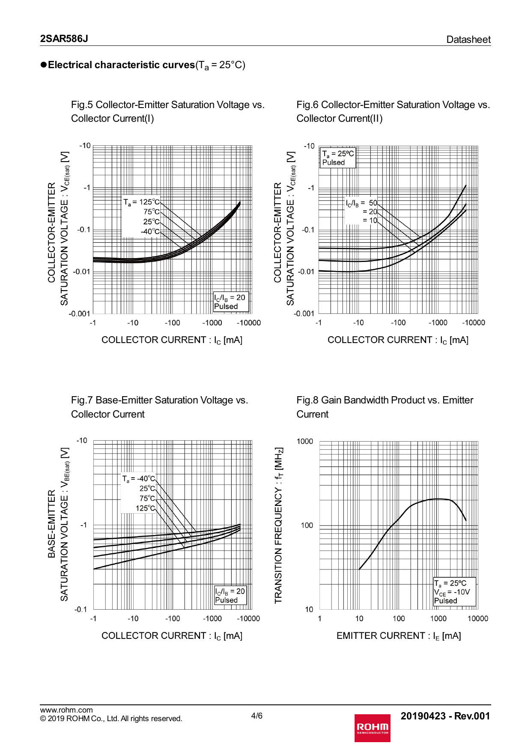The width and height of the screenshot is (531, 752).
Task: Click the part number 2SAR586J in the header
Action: coord(64,39)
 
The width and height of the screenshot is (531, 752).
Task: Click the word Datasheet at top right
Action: coord(468,39)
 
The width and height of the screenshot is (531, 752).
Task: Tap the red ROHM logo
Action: coord(372,728)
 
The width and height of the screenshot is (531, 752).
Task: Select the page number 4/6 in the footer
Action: coord(257,716)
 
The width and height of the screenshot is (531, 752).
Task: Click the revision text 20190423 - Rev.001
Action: coord(445,716)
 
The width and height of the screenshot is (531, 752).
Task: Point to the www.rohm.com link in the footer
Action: coord(66,710)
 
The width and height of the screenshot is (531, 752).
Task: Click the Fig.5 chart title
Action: coord(167,111)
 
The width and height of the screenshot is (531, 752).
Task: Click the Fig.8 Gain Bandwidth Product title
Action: coord(385,407)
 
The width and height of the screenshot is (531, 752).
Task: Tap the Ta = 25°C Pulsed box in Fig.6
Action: coord(338,158)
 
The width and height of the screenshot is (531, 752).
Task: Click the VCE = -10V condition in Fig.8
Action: coord(452,592)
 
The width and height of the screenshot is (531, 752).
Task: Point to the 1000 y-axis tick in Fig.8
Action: coord(305,441)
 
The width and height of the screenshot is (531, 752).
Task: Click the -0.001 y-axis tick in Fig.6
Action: coord(304,313)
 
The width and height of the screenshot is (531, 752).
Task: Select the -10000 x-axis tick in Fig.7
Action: coord(248,618)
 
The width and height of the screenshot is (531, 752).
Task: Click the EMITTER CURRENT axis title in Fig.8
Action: coord(398,636)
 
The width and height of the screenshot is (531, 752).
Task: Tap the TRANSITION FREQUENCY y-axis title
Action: coord(279,525)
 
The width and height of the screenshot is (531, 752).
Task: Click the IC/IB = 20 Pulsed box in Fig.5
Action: coord(230,302)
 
